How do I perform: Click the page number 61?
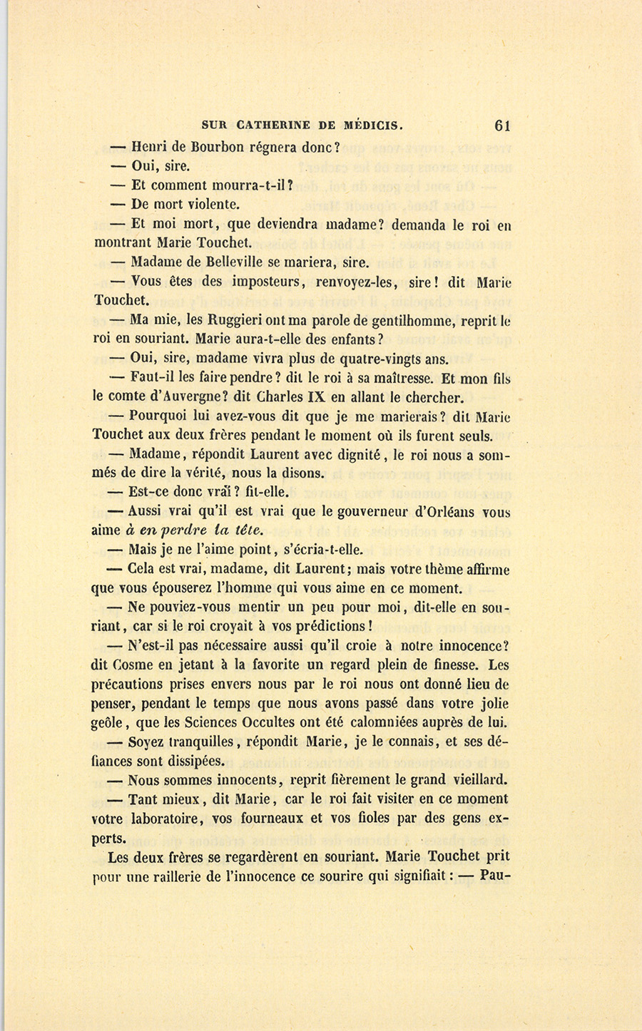pos(501,125)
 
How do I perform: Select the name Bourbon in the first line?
pos(213,147)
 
